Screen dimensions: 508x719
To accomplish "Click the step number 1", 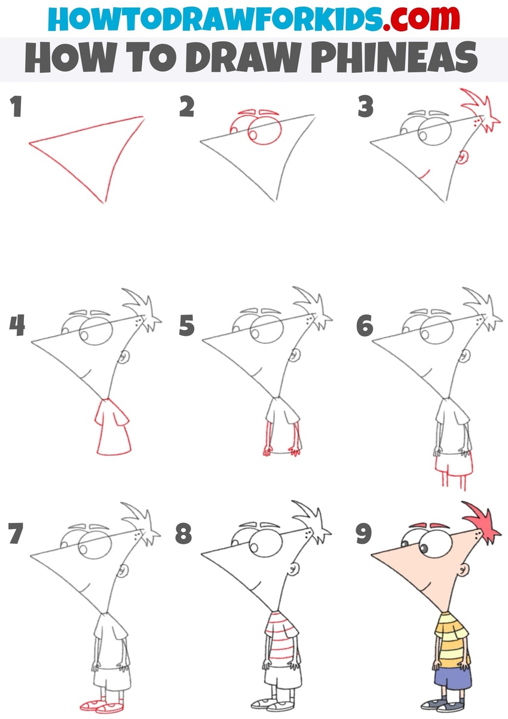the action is pyautogui.click(x=16, y=106).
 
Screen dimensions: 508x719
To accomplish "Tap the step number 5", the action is pyautogui.click(x=187, y=326).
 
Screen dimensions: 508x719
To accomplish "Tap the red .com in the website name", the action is pyautogui.click(x=421, y=19).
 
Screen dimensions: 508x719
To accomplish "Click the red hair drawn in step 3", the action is pyautogui.click(x=481, y=111).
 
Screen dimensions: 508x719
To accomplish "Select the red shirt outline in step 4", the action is pyautogui.click(x=112, y=426).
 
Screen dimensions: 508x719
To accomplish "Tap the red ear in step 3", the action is pyautogui.click(x=463, y=158).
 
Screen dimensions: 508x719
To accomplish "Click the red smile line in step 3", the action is pyautogui.click(x=425, y=175).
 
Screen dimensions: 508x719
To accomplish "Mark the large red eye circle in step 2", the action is pyautogui.click(x=265, y=131).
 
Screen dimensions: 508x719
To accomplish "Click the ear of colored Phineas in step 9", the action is pyautogui.click(x=463, y=569).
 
